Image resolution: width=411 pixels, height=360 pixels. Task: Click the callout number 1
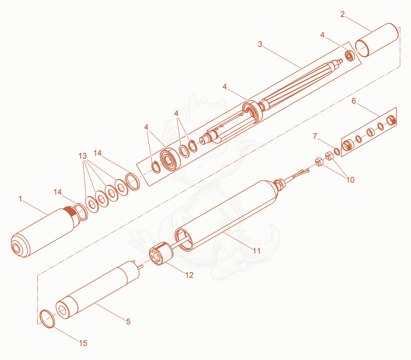[20, 199]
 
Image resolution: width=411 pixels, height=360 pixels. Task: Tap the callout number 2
[343, 14]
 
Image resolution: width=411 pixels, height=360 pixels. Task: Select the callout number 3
[260, 44]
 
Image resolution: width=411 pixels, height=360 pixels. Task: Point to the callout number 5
[128, 321]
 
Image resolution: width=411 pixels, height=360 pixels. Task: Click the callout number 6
[354, 101]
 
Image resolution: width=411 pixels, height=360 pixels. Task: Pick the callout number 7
[315, 136]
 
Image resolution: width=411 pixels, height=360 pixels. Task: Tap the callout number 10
[350, 180]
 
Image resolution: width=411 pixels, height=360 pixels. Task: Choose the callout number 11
[256, 251]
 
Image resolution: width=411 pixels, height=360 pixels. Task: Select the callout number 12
[189, 275]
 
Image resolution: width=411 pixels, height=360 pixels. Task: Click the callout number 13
[83, 156]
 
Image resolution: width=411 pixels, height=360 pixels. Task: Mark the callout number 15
[83, 343]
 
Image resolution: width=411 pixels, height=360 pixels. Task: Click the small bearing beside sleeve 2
[350, 55]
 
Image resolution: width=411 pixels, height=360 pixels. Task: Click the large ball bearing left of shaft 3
[170, 159]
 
